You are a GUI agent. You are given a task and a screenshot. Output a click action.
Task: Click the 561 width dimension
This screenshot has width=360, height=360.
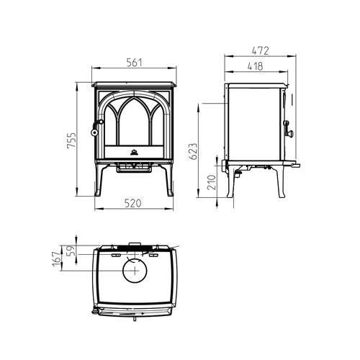[133, 63]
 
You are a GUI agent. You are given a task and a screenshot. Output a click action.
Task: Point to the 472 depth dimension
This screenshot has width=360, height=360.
[261, 51]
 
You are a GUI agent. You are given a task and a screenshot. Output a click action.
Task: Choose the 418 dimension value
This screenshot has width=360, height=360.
[255, 66]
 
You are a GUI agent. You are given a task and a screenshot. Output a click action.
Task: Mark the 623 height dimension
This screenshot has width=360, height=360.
[192, 152]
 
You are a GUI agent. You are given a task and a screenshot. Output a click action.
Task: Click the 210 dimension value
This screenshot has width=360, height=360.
[212, 186]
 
